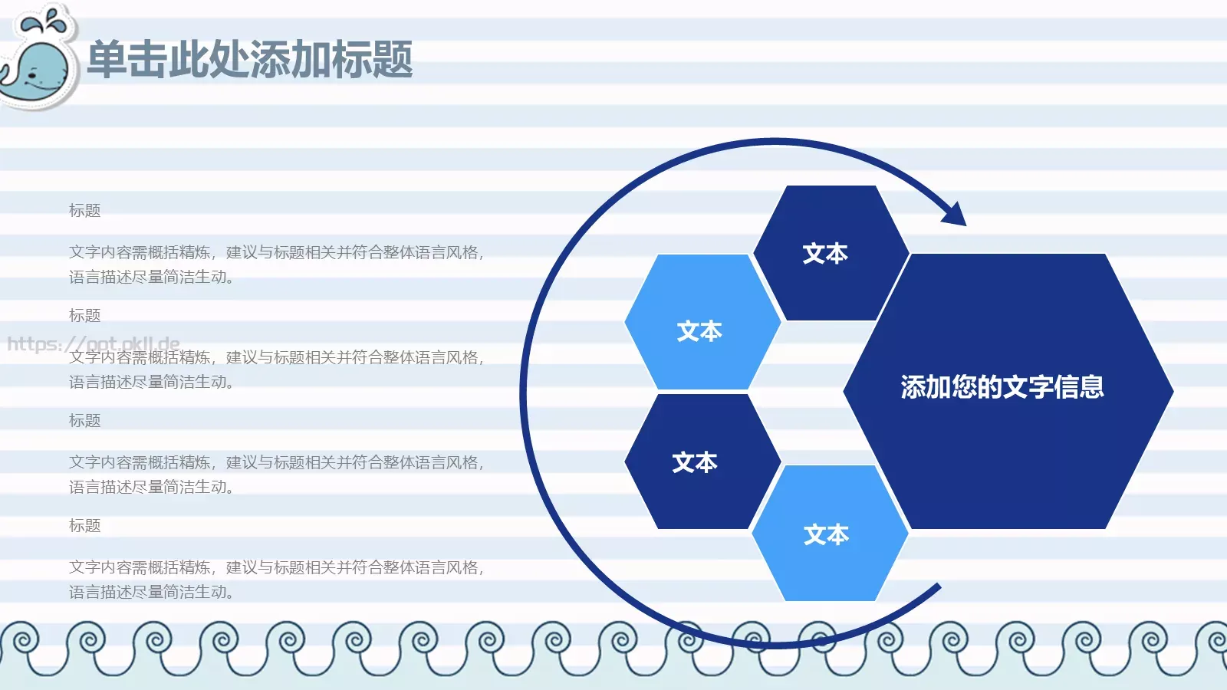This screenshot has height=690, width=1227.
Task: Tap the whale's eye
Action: [32, 75]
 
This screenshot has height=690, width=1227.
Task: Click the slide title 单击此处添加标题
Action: [250, 60]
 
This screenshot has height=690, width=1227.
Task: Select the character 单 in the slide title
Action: [107, 60]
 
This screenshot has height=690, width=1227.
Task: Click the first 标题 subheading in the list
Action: [84, 211]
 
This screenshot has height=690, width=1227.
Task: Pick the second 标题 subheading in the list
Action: [84, 316]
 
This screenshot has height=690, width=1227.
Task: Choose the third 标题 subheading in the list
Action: [84, 421]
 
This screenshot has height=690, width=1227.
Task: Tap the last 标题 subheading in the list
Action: [84, 526]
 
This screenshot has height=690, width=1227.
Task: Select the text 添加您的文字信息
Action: [1002, 387]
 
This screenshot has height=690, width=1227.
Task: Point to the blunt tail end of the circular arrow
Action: [937, 588]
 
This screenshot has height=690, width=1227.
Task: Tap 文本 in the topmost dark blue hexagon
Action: [825, 254]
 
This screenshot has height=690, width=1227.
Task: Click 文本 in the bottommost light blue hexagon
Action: [826, 534]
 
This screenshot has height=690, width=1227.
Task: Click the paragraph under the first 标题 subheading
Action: [276, 264]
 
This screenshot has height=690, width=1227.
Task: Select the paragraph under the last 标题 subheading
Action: [276, 580]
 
